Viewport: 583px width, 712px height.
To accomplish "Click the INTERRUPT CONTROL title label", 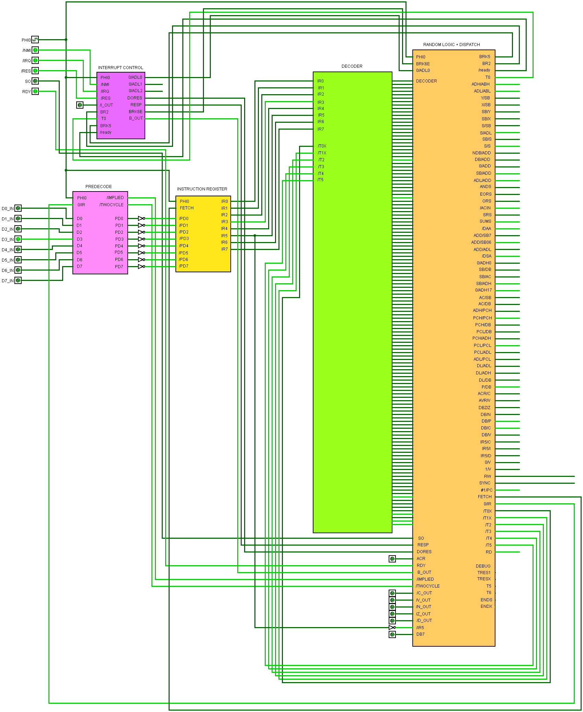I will tap(121, 68).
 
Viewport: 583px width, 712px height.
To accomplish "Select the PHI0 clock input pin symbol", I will tap(35, 40).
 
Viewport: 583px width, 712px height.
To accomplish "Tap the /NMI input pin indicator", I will tap(35, 50).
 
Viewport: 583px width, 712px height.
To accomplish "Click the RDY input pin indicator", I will tap(35, 91).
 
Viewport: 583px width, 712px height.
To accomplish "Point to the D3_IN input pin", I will tap(18, 239).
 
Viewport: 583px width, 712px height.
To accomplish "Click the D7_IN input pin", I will tap(18, 281).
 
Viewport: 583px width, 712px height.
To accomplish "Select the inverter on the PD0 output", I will tap(141, 219).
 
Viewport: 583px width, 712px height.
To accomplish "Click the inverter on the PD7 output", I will tap(141, 267).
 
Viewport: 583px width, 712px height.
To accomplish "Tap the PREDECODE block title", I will tap(99, 187).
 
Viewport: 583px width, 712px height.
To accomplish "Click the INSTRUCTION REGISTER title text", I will tap(202, 189).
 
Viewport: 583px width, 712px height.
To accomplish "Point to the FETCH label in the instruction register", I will tap(186, 208).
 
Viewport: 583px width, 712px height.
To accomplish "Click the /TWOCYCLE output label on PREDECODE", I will tap(111, 205).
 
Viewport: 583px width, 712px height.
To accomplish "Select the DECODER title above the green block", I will tap(352, 66).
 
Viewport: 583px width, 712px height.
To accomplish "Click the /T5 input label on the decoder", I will tap(320, 180).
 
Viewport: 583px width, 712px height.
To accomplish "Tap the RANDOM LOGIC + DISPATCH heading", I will tap(451, 45).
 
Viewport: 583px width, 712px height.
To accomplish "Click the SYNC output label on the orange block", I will tap(485, 483).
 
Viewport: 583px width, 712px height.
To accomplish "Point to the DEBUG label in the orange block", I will tap(483, 566).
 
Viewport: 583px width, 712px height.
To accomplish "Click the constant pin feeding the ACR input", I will tap(392, 559).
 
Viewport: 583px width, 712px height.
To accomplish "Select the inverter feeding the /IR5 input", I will tap(392, 628).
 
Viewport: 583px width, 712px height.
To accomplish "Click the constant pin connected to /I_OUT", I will tap(80, 105).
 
